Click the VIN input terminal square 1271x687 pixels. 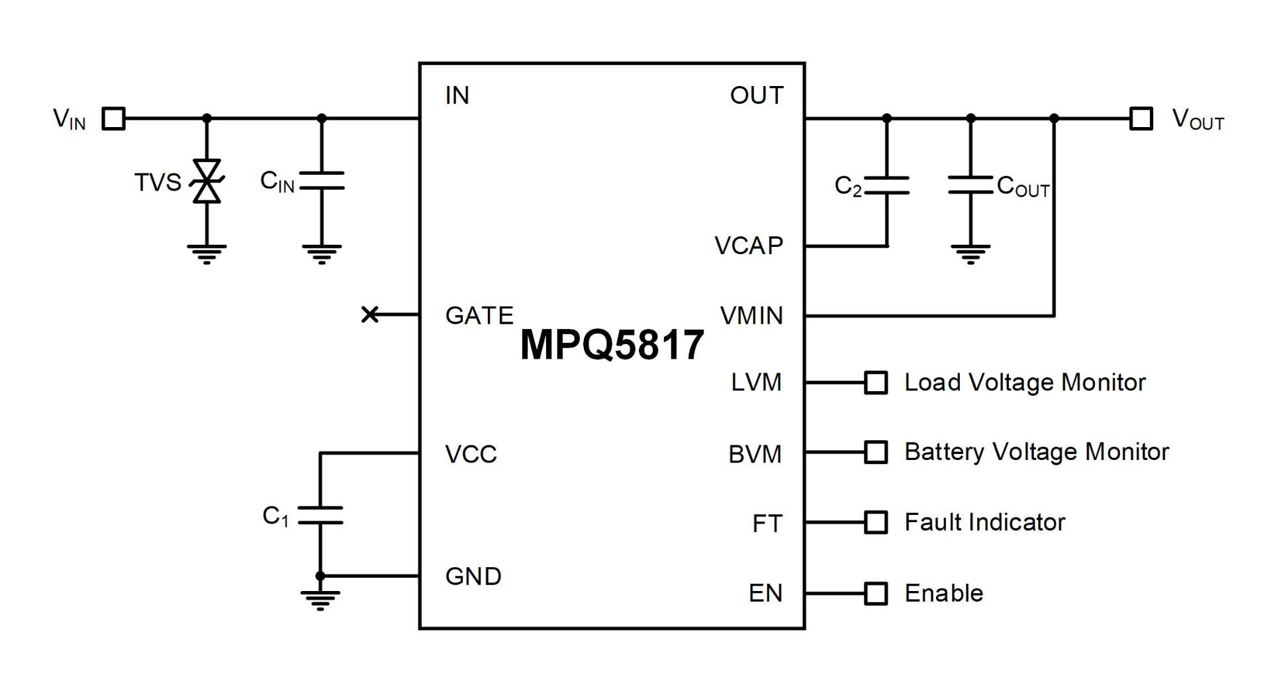tap(113, 119)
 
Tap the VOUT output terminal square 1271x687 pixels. tap(1141, 119)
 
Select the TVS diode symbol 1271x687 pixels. tap(207, 181)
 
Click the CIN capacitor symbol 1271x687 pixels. tap(322, 181)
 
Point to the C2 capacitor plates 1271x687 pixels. tap(886, 186)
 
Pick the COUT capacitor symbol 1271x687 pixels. tap(970, 185)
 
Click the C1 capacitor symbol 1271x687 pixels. tap(320, 516)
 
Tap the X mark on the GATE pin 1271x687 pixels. tap(370, 314)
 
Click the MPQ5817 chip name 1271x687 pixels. tap(612, 345)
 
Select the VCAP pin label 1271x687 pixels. tap(749, 246)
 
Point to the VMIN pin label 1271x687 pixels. tap(751, 316)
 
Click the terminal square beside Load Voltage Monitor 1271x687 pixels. tap(876, 383)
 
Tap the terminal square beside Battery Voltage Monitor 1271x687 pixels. tap(876, 453)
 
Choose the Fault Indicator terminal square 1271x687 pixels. tap(876, 522)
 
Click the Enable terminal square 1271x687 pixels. tap(876, 594)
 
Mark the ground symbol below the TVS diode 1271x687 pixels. tap(207, 254)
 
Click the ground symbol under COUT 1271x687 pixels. tap(970, 254)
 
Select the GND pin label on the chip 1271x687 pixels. tap(473, 576)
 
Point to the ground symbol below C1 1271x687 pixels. tap(320, 600)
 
